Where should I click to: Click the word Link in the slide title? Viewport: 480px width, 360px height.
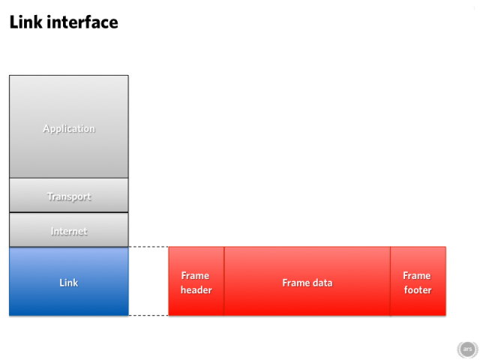pos(25,22)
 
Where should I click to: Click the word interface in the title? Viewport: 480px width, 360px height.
pos(82,22)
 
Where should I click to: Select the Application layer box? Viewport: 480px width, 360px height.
pos(69,127)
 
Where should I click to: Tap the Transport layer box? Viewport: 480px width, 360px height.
pos(69,195)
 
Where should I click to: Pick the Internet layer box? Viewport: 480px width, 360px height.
pos(69,229)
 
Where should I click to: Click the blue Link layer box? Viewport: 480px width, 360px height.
pos(69,281)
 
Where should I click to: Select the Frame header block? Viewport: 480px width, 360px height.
pos(196,281)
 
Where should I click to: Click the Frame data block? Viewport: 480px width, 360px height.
pos(307,281)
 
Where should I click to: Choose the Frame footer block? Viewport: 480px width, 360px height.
pos(418,281)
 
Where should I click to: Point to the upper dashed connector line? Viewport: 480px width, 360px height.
pos(148,247)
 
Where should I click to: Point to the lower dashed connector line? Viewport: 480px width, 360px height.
pos(148,315)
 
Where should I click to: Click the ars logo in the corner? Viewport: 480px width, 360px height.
pos(467,349)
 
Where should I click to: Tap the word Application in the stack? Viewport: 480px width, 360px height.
pos(69,129)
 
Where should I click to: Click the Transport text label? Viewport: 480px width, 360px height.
pos(69,196)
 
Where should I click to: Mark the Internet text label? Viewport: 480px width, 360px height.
pos(69,232)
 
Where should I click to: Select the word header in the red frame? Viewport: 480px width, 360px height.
pos(196,290)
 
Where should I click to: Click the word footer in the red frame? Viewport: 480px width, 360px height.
pos(418,290)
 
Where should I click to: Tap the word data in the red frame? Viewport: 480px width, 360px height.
pos(322,283)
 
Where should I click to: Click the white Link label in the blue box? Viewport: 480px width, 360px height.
pos(68,283)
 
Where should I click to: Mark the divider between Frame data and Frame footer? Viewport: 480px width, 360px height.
pos(390,281)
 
